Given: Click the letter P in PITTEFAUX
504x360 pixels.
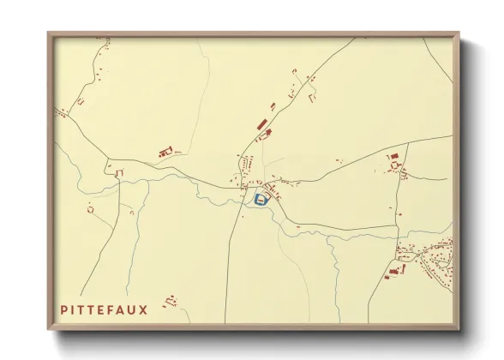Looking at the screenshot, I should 63,309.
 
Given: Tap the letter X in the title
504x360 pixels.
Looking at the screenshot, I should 143,309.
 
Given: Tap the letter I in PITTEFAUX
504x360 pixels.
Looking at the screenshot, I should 73,309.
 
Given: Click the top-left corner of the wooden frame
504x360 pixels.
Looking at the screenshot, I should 49,33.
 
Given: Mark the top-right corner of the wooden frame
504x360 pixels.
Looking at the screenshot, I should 458,33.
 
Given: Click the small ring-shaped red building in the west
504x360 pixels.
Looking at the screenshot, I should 90,207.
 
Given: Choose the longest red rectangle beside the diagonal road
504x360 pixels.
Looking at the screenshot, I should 261,124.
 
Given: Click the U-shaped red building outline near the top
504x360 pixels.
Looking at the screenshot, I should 312,97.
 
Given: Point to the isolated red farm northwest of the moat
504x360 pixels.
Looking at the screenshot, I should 165,153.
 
